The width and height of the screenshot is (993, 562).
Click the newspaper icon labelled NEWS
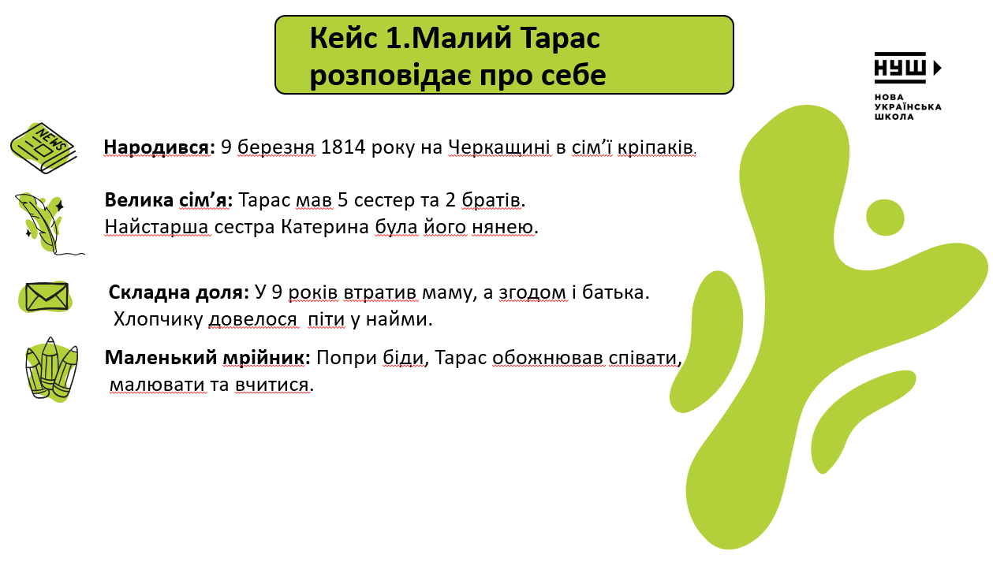point(43,148)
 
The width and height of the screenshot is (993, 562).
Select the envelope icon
point(46,296)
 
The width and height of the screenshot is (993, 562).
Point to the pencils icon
point(52,370)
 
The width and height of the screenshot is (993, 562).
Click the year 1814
point(343,147)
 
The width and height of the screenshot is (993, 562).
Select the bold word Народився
point(156,147)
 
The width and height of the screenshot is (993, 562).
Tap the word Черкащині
point(499,147)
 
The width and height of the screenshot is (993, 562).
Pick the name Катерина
point(325,227)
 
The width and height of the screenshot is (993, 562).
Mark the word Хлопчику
point(159,319)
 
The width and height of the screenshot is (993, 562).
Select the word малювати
point(158,385)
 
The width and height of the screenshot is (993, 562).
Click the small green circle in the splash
point(885,218)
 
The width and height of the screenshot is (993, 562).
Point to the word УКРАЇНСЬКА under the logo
point(908,106)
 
